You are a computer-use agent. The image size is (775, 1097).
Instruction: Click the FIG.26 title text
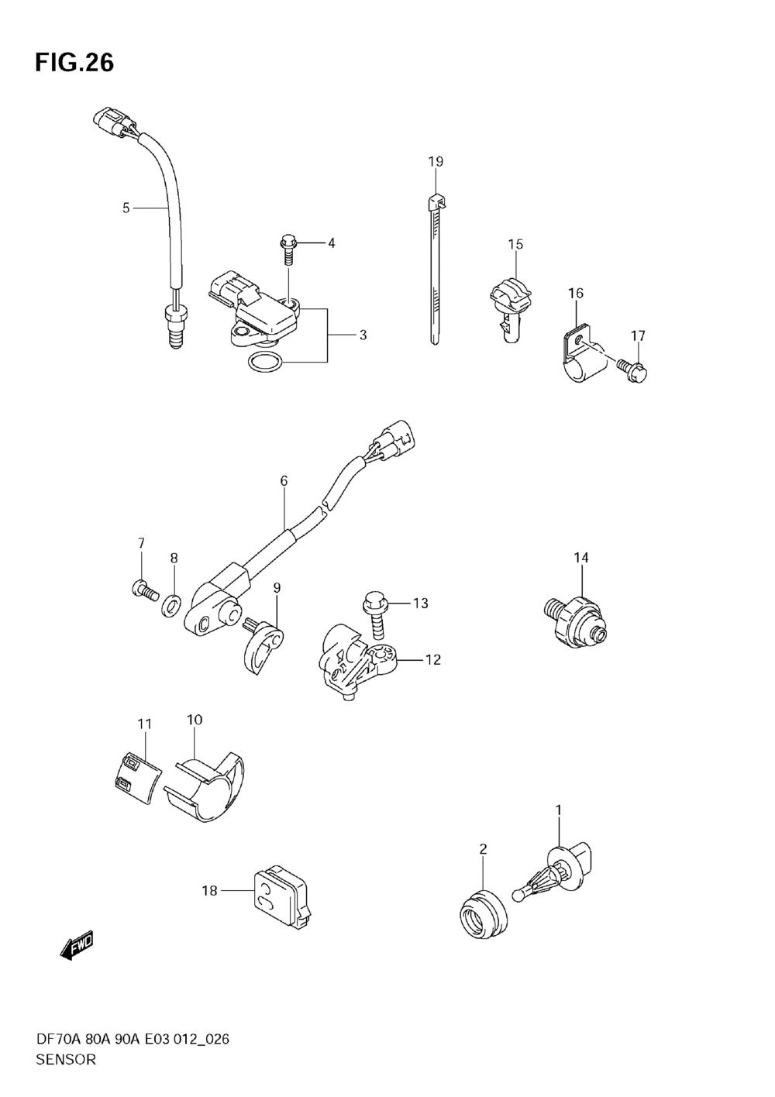tap(74, 63)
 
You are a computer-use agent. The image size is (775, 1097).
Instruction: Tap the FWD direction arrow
tap(75, 946)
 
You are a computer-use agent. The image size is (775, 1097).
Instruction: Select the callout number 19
tap(436, 162)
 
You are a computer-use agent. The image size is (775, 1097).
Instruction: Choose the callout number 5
tap(126, 208)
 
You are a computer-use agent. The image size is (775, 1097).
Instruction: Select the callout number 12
tap(432, 660)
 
